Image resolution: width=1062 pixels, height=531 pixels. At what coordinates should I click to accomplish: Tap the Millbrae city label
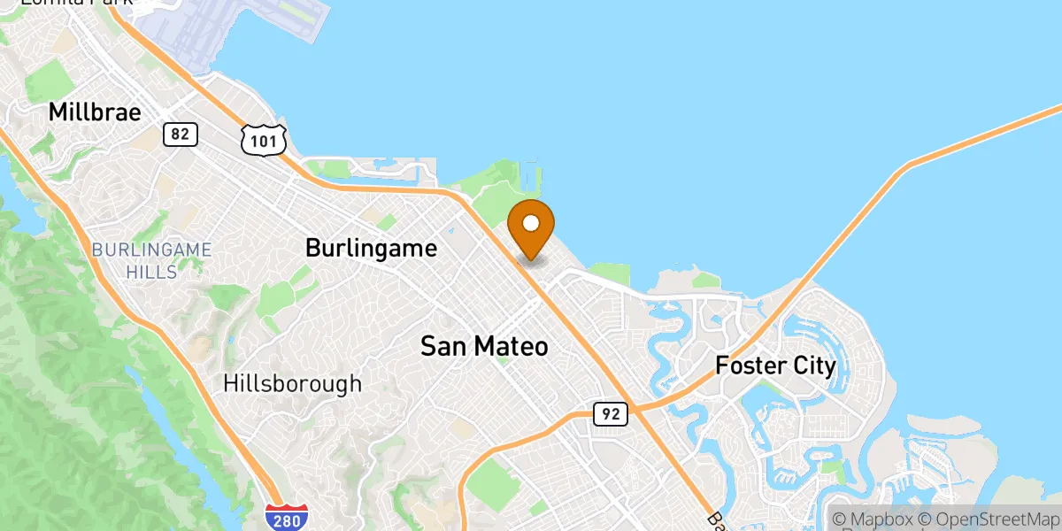tap(95, 112)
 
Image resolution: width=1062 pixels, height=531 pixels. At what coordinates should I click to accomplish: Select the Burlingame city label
tap(371, 248)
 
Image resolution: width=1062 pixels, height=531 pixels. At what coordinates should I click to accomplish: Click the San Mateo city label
tap(484, 346)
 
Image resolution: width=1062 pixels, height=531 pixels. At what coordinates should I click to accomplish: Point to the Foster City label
tap(775, 365)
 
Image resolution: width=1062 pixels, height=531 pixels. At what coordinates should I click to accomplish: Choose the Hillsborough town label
tap(292, 383)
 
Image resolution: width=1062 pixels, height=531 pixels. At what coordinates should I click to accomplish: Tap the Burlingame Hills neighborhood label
tap(151, 260)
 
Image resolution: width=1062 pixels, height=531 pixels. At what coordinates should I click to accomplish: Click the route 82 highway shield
tap(180, 135)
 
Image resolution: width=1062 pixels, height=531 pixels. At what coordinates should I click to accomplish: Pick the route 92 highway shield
tap(611, 413)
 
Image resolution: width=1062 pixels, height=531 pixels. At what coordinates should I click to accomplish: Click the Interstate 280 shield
tap(287, 518)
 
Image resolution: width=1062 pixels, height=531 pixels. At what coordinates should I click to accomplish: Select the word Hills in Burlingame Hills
tap(151, 271)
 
